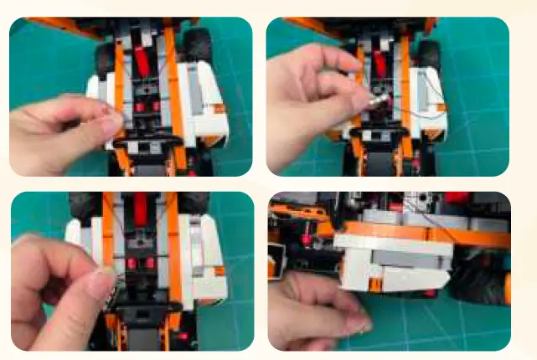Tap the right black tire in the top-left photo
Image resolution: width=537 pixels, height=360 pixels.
[199, 44]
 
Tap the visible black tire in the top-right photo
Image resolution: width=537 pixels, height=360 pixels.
[428, 54]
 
